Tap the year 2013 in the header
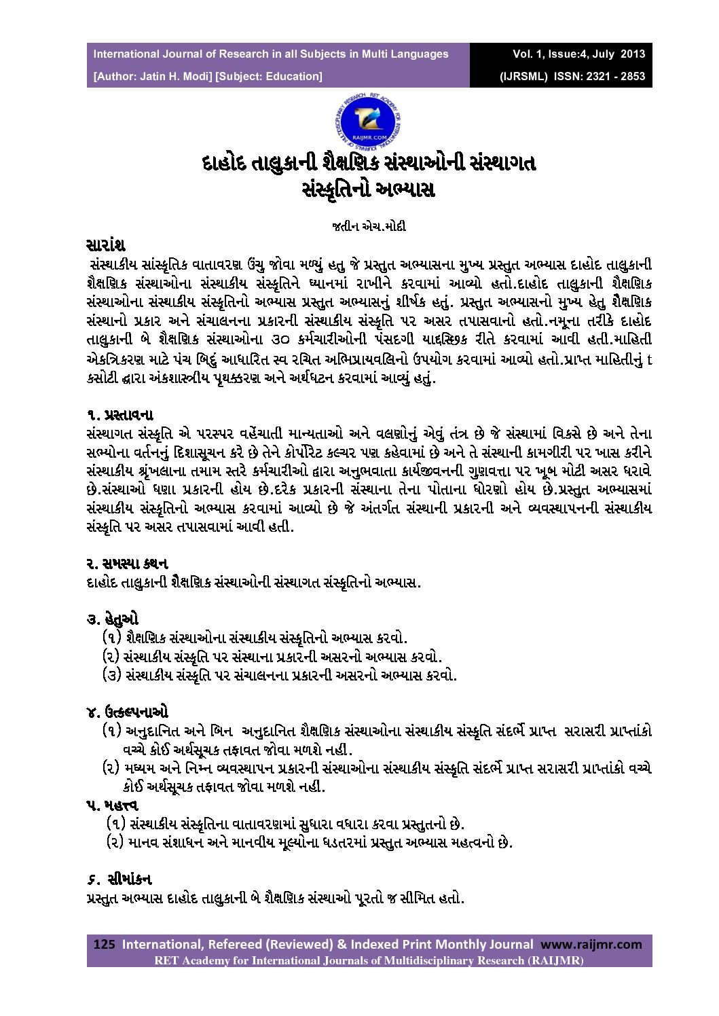632,54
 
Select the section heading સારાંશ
106,245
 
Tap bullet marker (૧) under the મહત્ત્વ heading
116,824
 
